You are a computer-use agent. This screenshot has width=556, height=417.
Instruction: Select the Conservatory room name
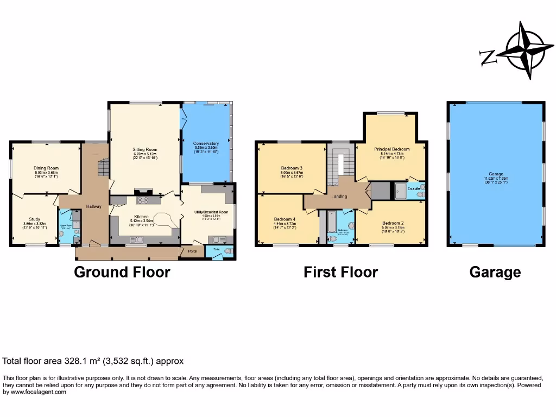(x=206, y=144)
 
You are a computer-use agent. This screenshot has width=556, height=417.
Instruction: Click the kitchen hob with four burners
(x=143, y=200)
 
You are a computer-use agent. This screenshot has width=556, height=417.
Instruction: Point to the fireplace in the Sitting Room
(x=143, y=191)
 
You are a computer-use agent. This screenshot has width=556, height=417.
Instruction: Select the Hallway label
(x=94, y=206)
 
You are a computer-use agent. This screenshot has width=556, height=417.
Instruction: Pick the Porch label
(x=192, y=251)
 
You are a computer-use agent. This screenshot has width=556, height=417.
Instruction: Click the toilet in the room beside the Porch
(x=228, y=251)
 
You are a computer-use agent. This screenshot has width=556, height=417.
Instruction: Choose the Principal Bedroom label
(x=391, y=149)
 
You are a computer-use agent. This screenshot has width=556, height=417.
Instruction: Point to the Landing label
(x=339, y=197)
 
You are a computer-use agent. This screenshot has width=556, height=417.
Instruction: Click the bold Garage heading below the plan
(x=495, y=271)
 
